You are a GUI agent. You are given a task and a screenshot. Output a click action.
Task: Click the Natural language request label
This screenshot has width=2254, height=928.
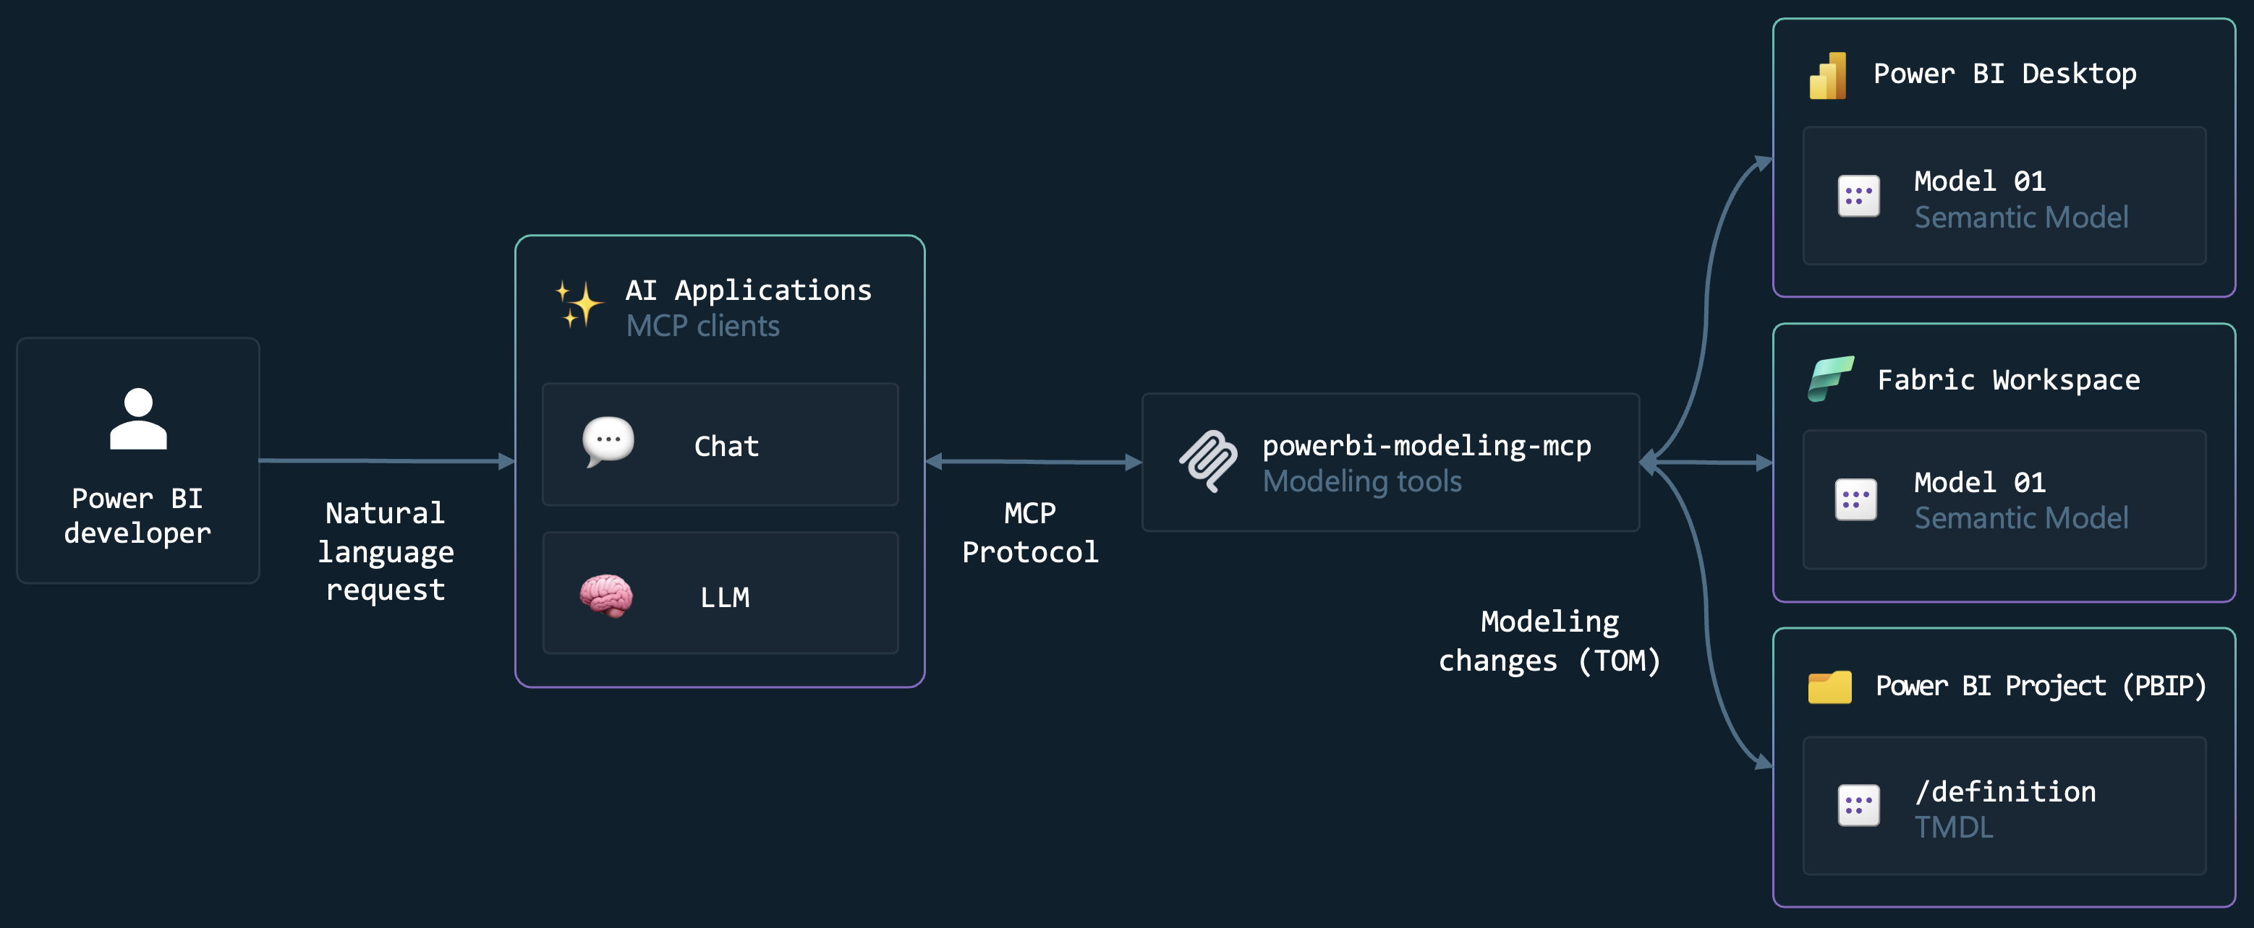385,551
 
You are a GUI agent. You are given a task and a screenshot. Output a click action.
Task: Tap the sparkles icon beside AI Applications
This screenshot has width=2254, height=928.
579,304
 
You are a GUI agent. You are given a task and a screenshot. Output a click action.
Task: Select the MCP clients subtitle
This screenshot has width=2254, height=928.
702,326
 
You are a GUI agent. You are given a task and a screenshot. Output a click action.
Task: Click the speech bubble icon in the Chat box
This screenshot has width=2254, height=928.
608,441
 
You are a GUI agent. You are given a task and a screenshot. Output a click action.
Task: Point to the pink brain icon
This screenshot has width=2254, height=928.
606,596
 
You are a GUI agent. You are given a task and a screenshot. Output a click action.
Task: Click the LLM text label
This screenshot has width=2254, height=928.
725,598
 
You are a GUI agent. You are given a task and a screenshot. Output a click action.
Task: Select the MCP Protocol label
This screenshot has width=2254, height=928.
1030,532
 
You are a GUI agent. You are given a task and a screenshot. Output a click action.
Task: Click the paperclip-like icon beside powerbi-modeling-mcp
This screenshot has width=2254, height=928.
1208,460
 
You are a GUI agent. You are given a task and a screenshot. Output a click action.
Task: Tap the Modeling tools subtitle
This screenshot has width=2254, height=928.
1361,481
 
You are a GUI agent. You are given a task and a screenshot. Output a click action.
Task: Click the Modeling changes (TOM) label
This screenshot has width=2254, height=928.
1549,641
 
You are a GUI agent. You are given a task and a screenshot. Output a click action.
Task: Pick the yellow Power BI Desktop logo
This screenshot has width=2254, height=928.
1828,76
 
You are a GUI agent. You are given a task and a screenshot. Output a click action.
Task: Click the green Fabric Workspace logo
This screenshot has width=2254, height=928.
1831,379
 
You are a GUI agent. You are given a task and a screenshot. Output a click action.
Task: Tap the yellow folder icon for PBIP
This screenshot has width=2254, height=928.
1829,687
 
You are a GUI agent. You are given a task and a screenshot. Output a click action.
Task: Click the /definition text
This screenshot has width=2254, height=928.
2004,791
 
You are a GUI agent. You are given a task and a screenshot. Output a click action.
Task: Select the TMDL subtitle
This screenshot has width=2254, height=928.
1953,828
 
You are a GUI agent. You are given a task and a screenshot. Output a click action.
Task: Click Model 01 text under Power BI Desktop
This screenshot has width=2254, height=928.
1979,181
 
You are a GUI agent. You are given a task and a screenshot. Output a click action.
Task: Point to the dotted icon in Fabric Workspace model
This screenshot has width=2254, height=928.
1856,499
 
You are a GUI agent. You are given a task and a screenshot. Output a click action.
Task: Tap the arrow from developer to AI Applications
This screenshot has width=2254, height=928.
385,460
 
